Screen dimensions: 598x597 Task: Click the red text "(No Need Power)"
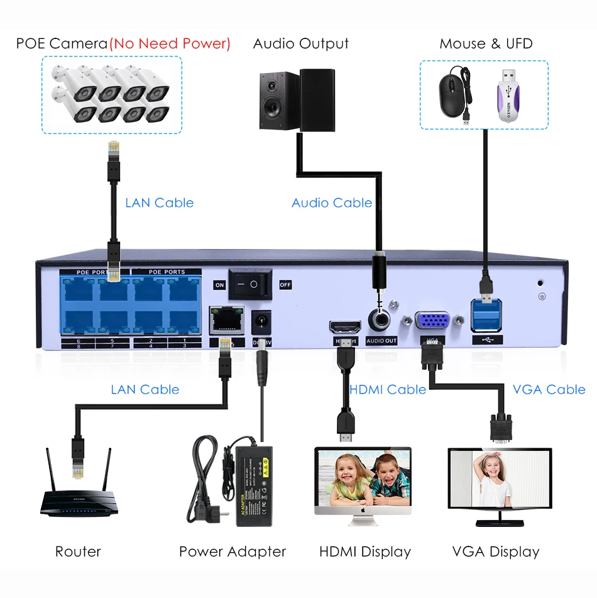pos(170,43)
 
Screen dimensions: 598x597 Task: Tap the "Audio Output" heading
pos(301,43)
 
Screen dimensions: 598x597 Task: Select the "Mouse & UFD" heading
pos(486,43)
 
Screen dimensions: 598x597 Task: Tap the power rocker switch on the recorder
pos(250,284)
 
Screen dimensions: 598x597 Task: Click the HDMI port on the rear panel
pos(344,328)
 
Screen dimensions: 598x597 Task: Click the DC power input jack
pos(260,323)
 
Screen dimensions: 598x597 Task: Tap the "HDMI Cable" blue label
pos(388,389)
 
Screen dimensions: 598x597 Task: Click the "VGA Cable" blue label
pos(549,389)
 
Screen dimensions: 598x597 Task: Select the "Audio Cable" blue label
pos(332,203)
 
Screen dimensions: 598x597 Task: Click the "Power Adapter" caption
pos(233,552)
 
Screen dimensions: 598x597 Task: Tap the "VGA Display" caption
pos(496,552)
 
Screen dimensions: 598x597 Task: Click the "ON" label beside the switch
pos(219,285)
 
